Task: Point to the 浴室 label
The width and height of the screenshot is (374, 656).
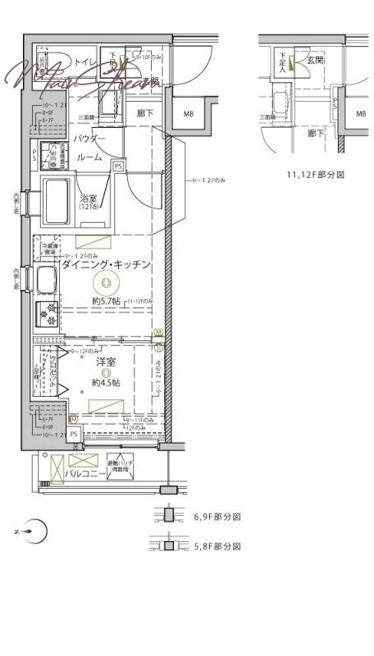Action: pyautogui.click(x=88, y=198)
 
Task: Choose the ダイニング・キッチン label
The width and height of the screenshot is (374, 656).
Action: pyautogui.click(x=106, y=264)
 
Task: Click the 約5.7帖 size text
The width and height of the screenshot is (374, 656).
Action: pyautogui.click(x=107, y=301)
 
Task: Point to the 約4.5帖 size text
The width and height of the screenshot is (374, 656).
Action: pyautogui.click(x=106, y=382)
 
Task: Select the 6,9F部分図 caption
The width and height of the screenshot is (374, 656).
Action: pyautogui.click(x=217, y=517)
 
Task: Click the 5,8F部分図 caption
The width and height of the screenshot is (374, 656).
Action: pyautogui.click(x=217, y=545)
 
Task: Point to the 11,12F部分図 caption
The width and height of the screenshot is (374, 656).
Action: pyautogui.click(x=316, y=175)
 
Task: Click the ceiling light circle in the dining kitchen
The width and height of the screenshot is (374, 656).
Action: pyautogui.click(x=105, y=285)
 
